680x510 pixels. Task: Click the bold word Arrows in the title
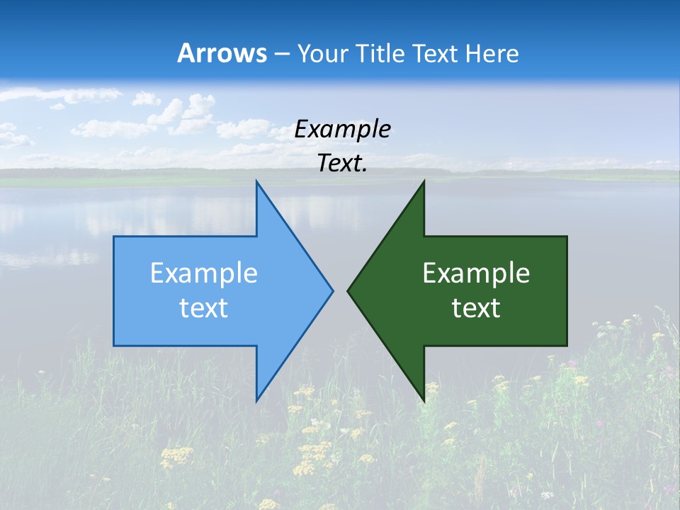click(x=222, y=53)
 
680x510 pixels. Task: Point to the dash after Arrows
click(x=281, y=54)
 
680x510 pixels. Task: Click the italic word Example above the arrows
click(x=342, y=129)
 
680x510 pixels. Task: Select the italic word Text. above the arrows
click(x=342, y=163)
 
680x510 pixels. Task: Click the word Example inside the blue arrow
click(x=204, y=273)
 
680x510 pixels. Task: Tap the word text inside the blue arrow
click(x=204, y=307)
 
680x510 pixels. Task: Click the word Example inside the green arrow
click(x=476, y=273)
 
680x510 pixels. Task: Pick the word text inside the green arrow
click(x=476, y=307)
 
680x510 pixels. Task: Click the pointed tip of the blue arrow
click(x=331, y=290)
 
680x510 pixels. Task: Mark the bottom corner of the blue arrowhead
click(x=257, y=399)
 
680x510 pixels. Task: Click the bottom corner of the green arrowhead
click(x=423, y=399)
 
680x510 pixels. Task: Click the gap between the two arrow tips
click(x=340, y=290)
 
